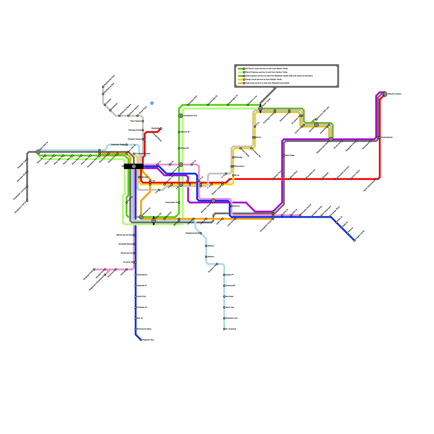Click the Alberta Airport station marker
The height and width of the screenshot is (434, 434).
385,94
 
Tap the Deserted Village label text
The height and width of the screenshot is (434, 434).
118,145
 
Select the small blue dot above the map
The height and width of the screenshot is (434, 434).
152,103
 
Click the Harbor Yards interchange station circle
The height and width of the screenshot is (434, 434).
260,108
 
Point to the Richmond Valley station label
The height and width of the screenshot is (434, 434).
144,329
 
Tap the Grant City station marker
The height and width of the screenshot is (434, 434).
136,296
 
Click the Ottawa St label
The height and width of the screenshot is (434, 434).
184,148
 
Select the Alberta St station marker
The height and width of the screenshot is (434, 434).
179,132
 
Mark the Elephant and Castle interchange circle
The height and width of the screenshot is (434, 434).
331,139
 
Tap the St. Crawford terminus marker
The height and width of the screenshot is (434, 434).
224,329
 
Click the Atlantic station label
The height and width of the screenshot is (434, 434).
211,257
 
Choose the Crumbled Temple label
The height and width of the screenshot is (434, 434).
143,154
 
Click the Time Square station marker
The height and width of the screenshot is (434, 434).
143,121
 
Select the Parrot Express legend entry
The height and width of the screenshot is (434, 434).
266,72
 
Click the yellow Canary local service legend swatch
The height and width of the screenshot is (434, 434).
241,79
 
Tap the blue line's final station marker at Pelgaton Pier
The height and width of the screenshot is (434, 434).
141,340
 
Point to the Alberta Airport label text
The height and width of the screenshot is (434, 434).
394,94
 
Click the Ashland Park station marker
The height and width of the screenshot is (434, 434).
188,105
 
